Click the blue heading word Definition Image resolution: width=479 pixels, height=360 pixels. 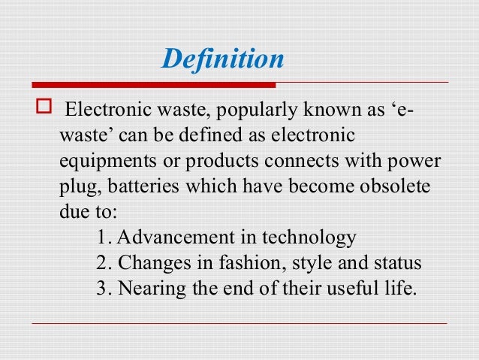tap(224, 59)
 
